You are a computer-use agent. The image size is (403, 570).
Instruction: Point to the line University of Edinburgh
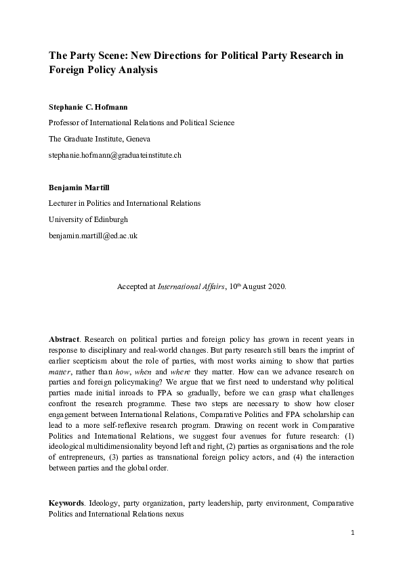88,220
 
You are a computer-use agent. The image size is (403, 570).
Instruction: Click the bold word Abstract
64,337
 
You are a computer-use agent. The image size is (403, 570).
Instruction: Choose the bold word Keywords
67,504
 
